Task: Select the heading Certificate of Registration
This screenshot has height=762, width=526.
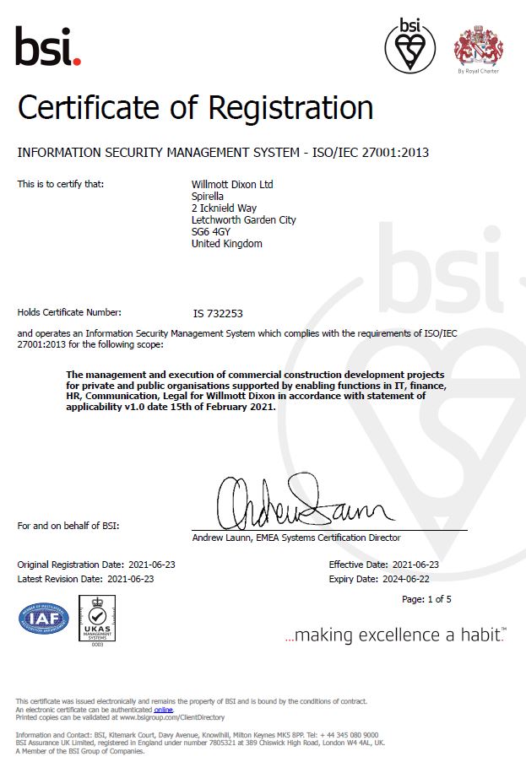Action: coord(195,108)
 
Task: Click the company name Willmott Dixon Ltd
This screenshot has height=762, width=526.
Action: coord(232,184)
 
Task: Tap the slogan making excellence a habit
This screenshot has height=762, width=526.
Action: coord(394,635)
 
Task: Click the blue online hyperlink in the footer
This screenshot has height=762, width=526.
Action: coord(163,710)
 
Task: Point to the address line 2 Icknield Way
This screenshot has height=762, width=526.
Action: coord(224,208)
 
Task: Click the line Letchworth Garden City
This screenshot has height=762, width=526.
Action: coord(244,220)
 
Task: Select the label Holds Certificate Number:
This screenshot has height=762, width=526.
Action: coord(69,312)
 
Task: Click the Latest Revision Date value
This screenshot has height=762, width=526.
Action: coord(131,579)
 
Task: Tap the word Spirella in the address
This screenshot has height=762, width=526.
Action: coord(209,196)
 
